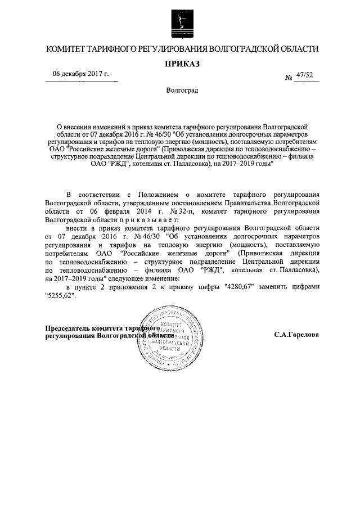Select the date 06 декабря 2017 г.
[81, 74]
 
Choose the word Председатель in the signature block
[72, 328]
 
